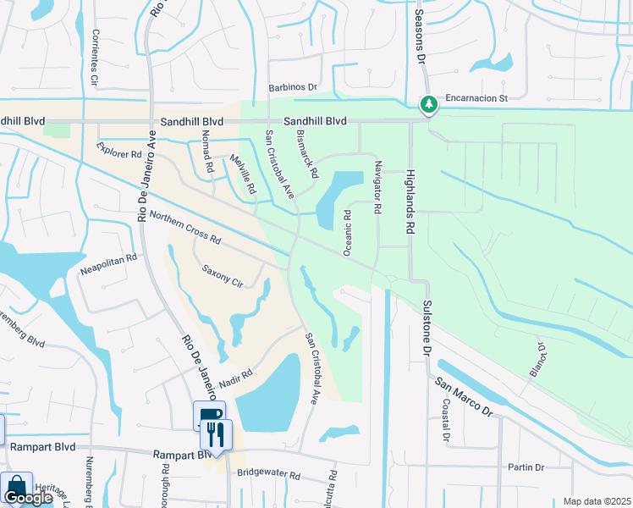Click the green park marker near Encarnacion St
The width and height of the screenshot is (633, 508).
click(430, 104)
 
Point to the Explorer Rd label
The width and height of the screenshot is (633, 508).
click(118, 154)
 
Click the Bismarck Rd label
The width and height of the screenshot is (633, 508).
click(306, 153)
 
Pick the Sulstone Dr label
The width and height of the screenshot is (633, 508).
click(427, 325)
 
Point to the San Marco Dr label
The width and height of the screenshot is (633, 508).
click(464, 395)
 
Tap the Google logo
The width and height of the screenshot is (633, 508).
click(28, 498)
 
